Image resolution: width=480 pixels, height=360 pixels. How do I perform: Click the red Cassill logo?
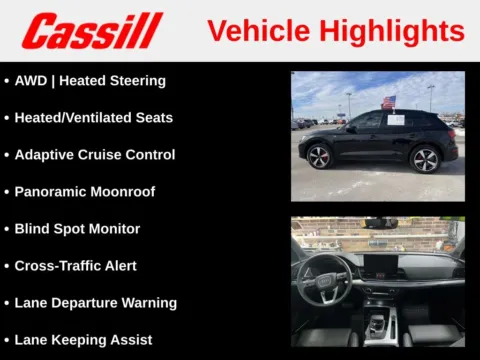point(92,31)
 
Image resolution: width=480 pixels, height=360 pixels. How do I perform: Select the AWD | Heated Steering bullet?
point(90,81)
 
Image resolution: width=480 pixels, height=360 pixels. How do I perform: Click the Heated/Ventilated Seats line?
point(93,118)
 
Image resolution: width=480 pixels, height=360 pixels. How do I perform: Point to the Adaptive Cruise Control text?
point(94,155)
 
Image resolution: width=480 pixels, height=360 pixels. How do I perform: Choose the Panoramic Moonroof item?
point(84,192)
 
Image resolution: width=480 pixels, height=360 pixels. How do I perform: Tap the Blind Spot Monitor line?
point(77,229)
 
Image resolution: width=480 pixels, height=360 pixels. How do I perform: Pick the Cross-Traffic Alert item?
point(75,266)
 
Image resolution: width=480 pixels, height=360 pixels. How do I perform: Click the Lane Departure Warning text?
point(95,303)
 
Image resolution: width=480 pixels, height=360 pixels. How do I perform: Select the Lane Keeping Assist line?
point(83,340)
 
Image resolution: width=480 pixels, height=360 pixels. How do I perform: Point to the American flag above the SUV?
point(388,102)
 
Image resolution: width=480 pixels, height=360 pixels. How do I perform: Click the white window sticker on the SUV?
point(396,120)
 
